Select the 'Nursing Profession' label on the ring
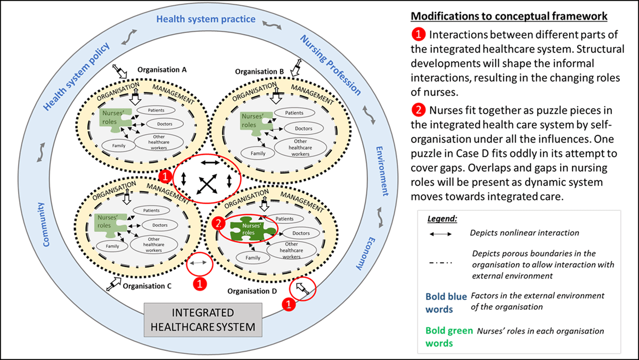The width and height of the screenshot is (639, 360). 331,64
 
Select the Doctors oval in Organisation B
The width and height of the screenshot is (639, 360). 303,128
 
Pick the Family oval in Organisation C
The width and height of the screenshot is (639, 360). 112,246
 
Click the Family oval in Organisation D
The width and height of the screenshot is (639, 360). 252,258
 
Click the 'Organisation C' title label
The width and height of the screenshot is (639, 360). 147,286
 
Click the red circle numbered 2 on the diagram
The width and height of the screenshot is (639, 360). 217,224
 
